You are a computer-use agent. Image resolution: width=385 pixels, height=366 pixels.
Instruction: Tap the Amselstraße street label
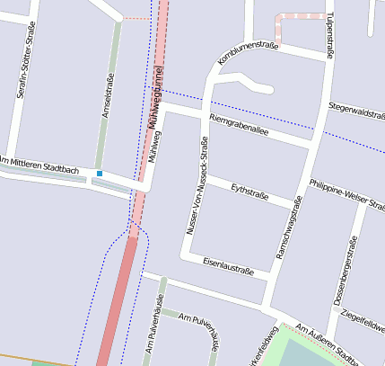[109, 90]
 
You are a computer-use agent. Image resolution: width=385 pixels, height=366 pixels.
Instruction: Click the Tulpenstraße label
[329, 37]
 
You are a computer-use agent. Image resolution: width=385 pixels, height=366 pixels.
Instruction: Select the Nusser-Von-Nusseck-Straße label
[197, 186]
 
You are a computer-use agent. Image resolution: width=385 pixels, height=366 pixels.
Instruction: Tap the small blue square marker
[100, 173]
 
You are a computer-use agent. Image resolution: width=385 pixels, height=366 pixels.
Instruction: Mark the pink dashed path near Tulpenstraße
[300, 16]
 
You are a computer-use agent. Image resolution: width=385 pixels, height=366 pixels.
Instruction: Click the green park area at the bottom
[310, 355]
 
